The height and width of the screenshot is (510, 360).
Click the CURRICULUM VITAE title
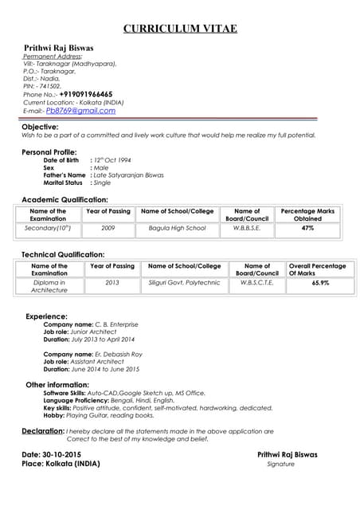[x=180, y=29]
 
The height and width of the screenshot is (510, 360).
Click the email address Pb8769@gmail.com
[x=80, y=111]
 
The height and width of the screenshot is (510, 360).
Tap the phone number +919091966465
[x=85, y=94]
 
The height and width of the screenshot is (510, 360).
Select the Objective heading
[x=40, y=127]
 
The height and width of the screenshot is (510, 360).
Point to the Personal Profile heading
[x=49, y=151]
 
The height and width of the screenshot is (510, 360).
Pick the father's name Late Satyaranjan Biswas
[x=129, y=175]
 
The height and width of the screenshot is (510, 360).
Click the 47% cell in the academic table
[x=307, y=228]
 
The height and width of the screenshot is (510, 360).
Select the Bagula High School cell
[x=177, y=228]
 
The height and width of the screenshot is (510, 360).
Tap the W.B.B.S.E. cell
[x=247, y=228]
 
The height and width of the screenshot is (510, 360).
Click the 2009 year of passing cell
[x=108, y=228]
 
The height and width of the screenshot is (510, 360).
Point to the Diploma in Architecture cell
[x=49, y=286]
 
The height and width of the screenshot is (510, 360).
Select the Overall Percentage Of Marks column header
[x=317, y=269]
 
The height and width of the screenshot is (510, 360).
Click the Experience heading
[x=46, y=316]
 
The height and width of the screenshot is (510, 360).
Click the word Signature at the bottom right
[x=280, y=463]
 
